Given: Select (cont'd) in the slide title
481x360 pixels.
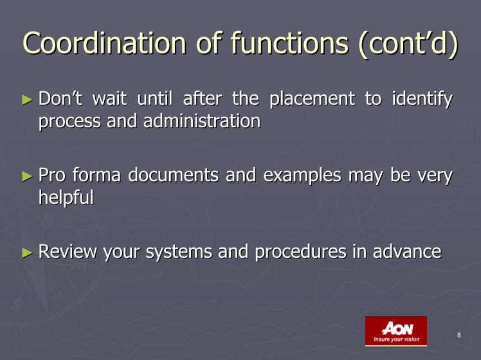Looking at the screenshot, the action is pyautogui.click(x=408, y=43).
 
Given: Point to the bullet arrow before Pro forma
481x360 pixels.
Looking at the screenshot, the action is pyautogui.click(x=27, y=176).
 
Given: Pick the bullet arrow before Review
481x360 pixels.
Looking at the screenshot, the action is pyautogui.click(x=27, y=253).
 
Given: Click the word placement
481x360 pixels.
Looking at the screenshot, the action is pyautogui.click(x=312, y=100).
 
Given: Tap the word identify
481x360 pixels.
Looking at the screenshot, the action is pyautogui.click(x=422, y=100).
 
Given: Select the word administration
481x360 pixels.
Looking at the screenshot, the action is pyautogui.click(x=202, y=120).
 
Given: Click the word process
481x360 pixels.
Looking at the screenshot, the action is pyautogui.click(x=69, y=122).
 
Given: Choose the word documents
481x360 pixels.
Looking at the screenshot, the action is pyautogui.click(x=174, y=175).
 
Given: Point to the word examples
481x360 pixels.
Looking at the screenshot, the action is pyautogui.click(x=302, y=176).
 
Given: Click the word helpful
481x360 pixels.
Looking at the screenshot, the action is pyautogui.click(x=66, y=197).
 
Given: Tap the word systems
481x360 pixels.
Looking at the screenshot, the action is pyautogui.click(x=179, y=252).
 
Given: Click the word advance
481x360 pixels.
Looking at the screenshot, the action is pyautogui.click(x=407, y=251).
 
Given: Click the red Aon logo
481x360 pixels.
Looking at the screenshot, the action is pyautogui.click(x=396, y=331).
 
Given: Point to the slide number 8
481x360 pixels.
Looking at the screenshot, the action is pyautogui.click(x=459, y=335).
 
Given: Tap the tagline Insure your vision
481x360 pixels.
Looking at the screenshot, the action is pyautogui.click(x=396, y=339).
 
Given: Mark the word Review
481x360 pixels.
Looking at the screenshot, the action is pyautogui.click(x=68, y=251).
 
